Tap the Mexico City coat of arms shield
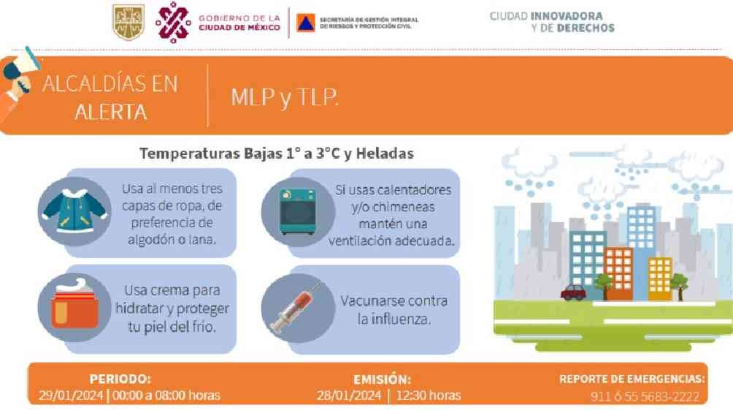click(128, 22)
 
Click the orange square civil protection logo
click(306, 23)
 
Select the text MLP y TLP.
click(284, 97)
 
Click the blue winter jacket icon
click(74, 211)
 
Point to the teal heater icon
click(297, 212)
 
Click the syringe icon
click(297, 307)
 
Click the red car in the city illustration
click(573, 292)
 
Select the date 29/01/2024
click(71, 395)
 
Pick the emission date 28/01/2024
click(349, 395)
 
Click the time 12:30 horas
click(429, 395)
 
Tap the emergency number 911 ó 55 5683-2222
click(645, 397)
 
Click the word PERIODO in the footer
click(120, 379)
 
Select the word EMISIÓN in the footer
click(382, 379)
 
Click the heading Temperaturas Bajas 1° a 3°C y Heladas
click(277, 154)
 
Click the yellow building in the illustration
click(659, 279)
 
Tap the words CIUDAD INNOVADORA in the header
click(546, 16)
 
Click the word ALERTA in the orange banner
click(111, 113)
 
